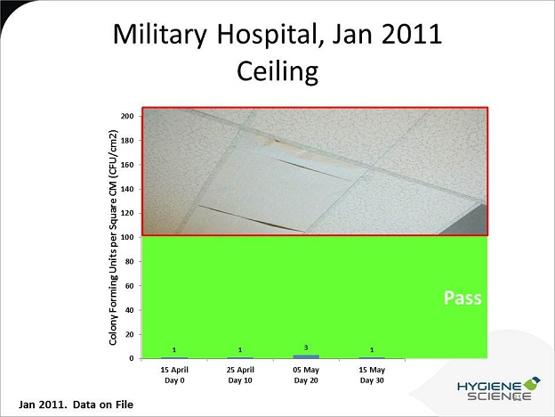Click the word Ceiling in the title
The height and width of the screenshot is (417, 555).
point(277,72)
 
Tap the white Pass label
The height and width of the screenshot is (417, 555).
point(462,298)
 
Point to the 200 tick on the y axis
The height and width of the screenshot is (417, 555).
point(127,116)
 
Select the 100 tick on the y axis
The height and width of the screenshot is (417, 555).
point(127,237)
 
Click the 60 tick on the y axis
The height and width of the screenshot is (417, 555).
point(130,286)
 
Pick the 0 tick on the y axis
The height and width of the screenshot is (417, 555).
point(132,358)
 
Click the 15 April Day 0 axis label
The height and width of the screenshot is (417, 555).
point(174,375)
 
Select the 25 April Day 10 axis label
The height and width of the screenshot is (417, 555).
point(240,375)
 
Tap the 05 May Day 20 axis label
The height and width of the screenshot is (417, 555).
point(306,375)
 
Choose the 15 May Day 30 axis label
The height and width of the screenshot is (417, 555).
point(372,375)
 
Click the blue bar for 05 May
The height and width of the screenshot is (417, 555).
point(306,356)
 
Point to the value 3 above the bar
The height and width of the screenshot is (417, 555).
point(306,347)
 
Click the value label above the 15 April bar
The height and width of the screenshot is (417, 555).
point(174,350)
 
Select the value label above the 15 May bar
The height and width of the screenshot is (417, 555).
point(372,350)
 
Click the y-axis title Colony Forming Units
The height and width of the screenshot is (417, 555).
point(113,237)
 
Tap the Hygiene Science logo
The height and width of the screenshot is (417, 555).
point(499,389)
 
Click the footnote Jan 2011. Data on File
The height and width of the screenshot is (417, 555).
point(76,405)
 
